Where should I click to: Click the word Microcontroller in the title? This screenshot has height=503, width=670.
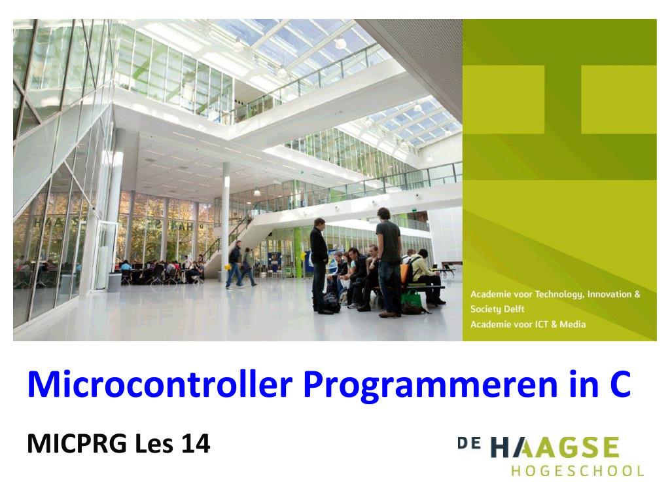pyautogui.click(x=160, y=384)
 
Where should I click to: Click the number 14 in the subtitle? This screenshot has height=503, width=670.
pyautogui.click(x=196, y=443)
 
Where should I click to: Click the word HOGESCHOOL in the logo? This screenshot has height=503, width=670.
pyautogui.click(x=578, y=471)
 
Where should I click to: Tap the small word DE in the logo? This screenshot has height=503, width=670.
pyautogui.click(x=468, y=443)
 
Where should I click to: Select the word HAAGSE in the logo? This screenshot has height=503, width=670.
pyautogui.click(x=555, y=448)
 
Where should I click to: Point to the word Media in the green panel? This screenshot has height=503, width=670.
pyautogui.click(x=573, y=324)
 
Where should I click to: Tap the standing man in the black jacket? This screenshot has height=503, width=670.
pyautogui.click(x=319, y=266)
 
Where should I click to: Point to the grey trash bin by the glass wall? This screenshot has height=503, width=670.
pyautogui.click(x=115, y=283)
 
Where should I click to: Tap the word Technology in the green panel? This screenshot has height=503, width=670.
pyautogui.click(x=559, y=295)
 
